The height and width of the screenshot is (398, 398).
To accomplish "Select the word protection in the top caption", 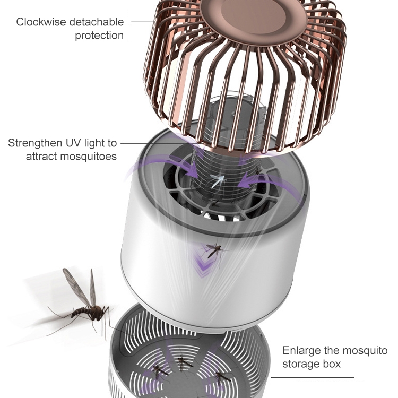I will pyautogui.click(x=99, y=36).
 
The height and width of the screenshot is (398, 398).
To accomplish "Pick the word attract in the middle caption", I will pyautogui.click(x=41, y=157).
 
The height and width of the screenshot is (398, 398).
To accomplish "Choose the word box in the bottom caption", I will pyautogui.click(x=332, y=365).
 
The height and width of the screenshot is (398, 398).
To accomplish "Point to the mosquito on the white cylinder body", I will pyautogui.click(x=214, y=249).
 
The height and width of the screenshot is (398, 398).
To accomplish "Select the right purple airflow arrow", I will pyautogui.click(x=260, y=180).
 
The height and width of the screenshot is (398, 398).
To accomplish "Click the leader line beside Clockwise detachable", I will pyautogui.click(x=142, y=22).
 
